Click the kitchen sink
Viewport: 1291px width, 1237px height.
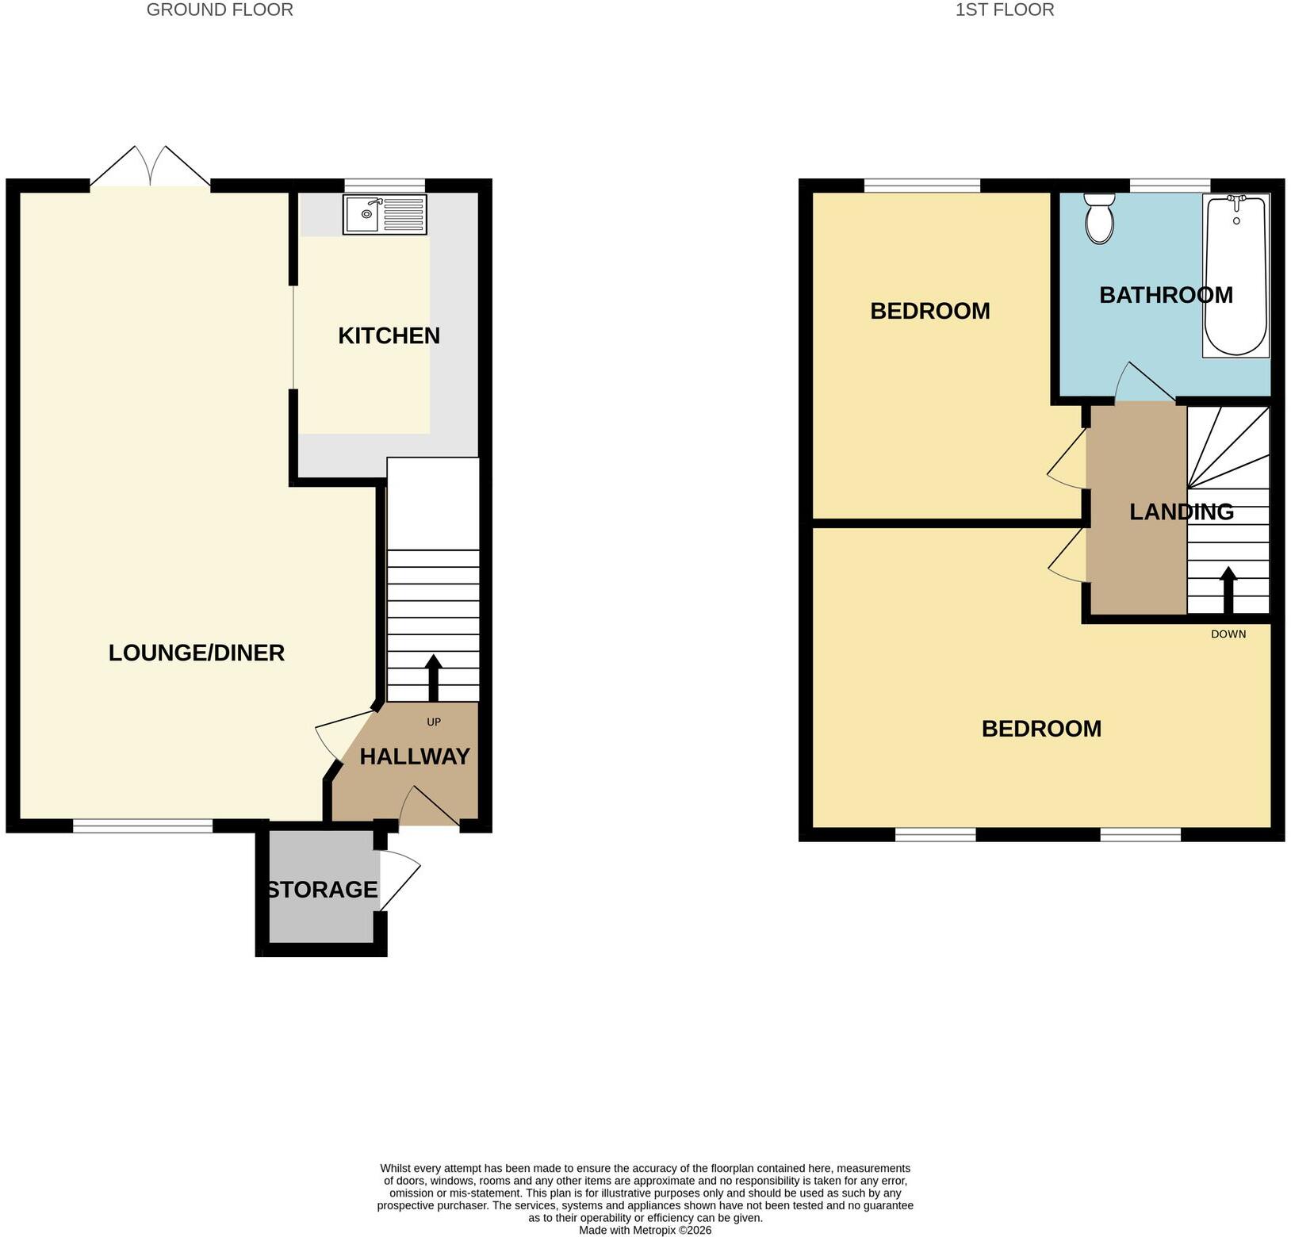385,214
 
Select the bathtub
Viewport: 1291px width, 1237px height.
1236,275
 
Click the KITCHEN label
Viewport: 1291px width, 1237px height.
389,335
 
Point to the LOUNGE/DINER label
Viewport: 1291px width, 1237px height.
197,653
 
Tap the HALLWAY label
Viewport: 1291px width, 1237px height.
415,756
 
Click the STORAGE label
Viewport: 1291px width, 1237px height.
322,890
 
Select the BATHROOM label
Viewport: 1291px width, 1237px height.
1166,295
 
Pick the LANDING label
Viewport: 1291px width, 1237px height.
1182,511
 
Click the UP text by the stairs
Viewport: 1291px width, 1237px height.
434,722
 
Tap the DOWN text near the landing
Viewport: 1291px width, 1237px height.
1228,634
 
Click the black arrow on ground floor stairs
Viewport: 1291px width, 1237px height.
433,678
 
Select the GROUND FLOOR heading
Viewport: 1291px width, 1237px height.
220,10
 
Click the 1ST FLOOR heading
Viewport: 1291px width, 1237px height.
1005,10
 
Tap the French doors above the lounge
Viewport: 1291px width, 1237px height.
151,167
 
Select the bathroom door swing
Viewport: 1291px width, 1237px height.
1144,381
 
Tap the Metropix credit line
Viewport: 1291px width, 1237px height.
645,1231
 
